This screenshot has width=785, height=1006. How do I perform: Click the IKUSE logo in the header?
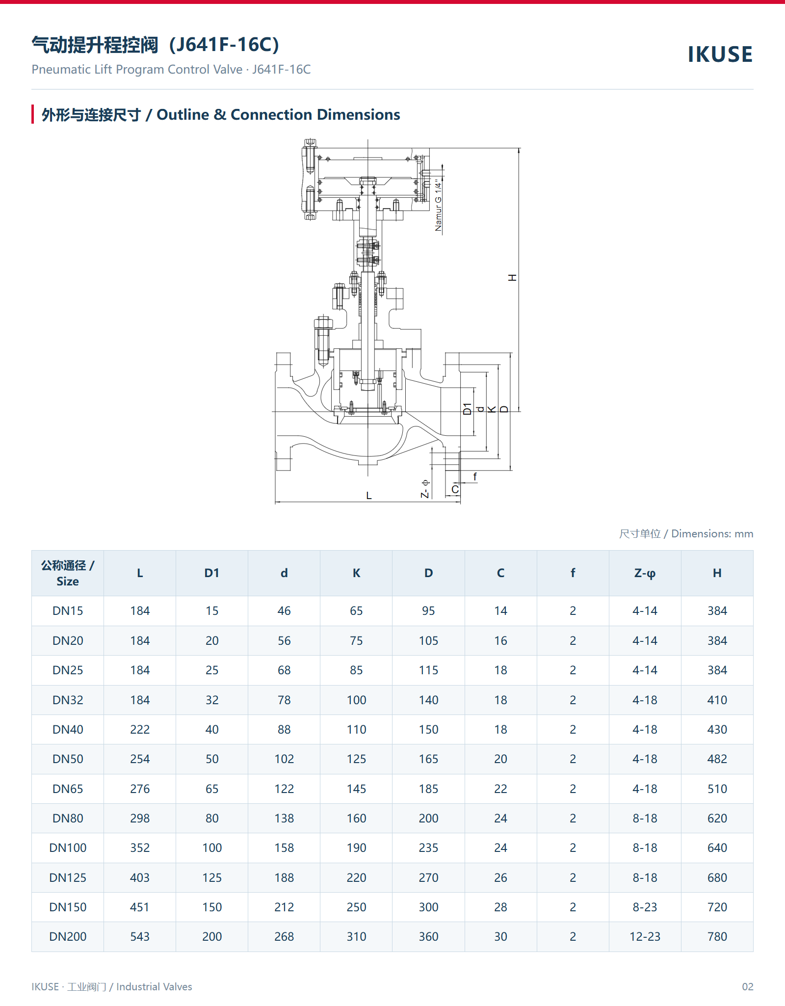click(720, 54)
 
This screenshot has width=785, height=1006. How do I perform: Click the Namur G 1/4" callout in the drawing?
click(439, 205)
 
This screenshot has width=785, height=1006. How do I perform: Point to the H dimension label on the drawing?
click(513, 278)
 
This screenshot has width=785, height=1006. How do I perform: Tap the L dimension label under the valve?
click(369, 496)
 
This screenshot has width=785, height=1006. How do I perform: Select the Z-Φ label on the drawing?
click(425, 489)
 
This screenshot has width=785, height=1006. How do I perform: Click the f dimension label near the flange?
click(474, 477)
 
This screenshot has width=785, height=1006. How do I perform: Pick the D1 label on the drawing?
click(467, 409)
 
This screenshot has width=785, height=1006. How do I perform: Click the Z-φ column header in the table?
click(645, 573)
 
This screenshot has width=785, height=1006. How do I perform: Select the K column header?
click(356, 573)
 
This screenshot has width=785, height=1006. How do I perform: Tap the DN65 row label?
click(68, 789)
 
